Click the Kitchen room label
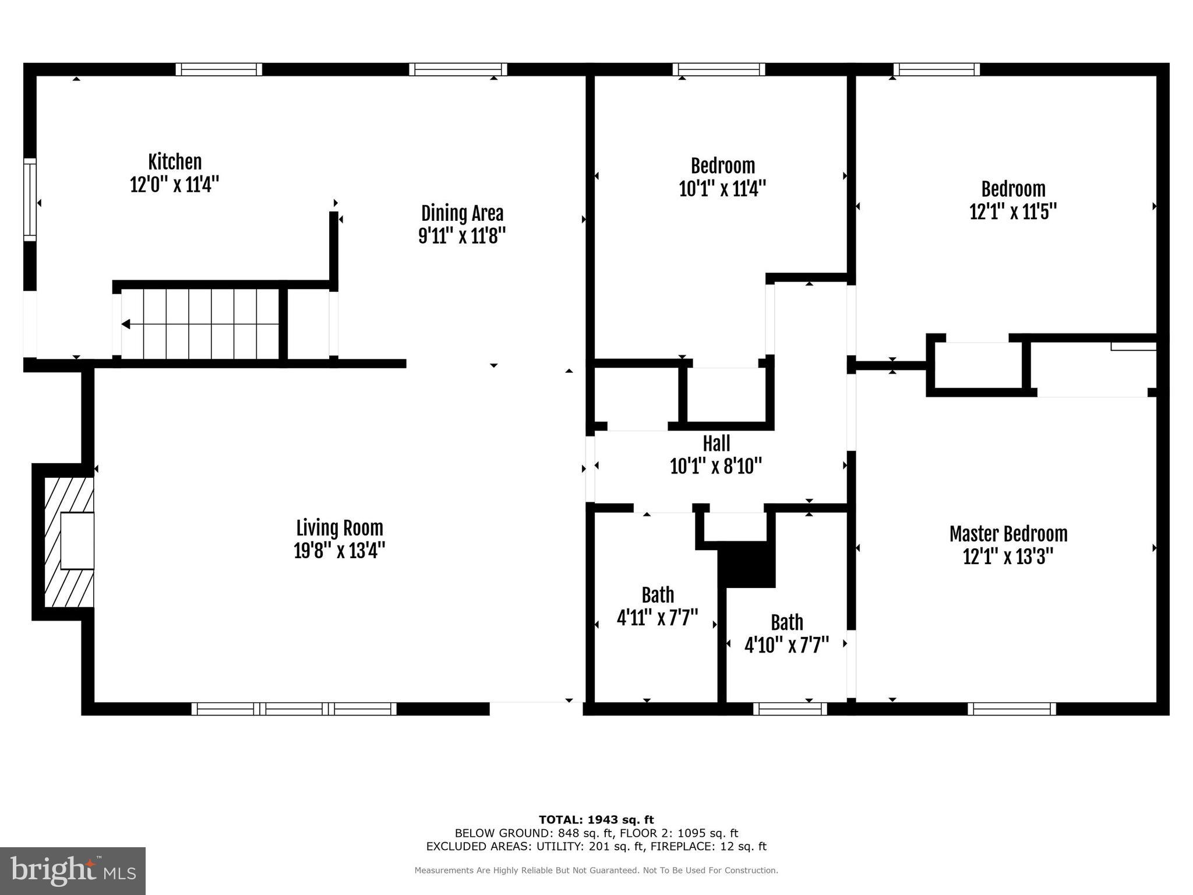tap(175, 162)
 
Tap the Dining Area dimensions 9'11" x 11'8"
tap(462, 237)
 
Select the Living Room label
tap(340, 528)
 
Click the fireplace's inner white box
tap(77, 541)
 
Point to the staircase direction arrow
tap(126, 325)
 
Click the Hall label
tap(716, 444)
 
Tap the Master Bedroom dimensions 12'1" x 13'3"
tap(1008, 557)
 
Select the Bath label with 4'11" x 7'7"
tap(658, 596)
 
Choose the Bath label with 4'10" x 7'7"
tap(787, 623)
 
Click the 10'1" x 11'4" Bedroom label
tap(722, 166)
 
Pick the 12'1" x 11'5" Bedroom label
tap(1013, 189)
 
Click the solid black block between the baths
tap(747, 564)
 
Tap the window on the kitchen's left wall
tap(30, 199)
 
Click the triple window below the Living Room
tap(294, 709)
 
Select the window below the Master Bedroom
tap(1012, 709)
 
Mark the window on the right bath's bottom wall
tap(790, 709)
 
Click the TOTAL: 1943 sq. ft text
tap(596, 820)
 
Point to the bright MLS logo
tap(73, 871)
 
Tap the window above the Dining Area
tap(458, 69)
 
